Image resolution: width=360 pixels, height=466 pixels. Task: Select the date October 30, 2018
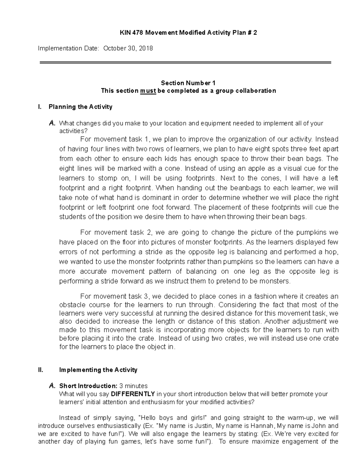pos(128,48)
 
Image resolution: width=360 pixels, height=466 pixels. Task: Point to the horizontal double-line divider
pos(185,62)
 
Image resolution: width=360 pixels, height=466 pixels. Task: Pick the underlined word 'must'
pos(148,91)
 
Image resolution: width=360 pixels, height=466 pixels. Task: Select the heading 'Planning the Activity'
pos(80,107)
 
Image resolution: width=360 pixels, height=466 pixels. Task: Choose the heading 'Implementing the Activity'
pos(98,370)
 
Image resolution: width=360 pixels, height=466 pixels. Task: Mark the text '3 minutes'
pos(133,386)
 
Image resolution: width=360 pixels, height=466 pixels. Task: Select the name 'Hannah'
pos(264,426)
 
